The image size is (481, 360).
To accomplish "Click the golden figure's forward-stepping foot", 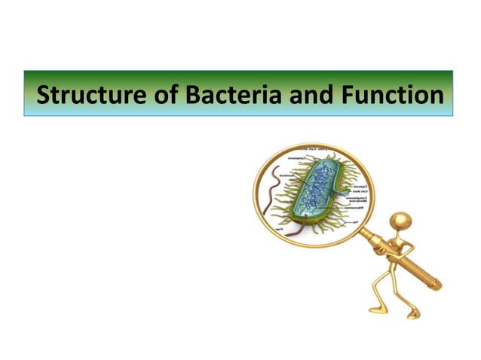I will (375, 310).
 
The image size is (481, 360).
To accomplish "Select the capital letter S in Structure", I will (44, 96).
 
